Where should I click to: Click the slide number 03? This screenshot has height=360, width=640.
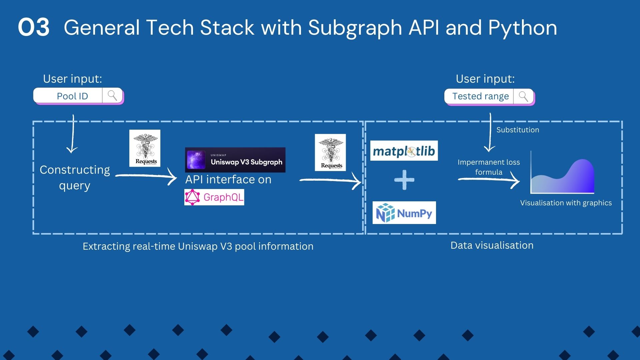34,27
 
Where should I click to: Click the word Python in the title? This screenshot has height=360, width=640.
522,28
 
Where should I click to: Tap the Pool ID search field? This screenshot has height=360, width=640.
72,96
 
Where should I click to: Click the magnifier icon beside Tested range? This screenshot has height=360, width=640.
523,96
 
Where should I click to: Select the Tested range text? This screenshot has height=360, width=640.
480,96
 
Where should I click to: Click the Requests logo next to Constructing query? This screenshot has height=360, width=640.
145,148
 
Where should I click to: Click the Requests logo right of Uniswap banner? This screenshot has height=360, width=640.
330,152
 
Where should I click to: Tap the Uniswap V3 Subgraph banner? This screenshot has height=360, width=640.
235,160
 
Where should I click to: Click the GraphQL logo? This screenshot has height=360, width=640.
214,197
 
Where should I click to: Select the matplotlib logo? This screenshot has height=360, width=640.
404,151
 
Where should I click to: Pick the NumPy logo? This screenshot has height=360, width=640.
404,213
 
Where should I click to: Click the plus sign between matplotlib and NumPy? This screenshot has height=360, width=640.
404,180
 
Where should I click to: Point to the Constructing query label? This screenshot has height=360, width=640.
75,177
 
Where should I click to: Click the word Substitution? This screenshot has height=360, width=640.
517,130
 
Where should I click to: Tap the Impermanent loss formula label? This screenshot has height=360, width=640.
489,167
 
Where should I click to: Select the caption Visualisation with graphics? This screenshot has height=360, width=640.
566,203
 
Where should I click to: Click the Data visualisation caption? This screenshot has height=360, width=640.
492,245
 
